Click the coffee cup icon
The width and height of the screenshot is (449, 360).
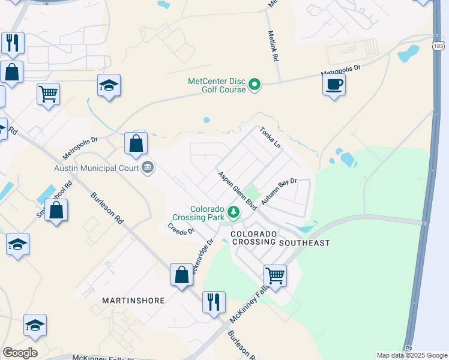[334, 84]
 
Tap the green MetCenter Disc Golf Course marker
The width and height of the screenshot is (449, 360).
[255, 85]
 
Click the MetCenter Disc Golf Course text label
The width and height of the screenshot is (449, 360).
[217, 85]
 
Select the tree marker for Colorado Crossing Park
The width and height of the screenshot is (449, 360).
[234, 212]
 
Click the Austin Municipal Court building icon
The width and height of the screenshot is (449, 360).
[148, 168]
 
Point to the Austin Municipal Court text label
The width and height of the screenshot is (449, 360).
[97, 169]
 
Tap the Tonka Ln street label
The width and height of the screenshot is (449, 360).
[270, 138]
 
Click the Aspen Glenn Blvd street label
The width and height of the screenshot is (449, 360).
[237, 190]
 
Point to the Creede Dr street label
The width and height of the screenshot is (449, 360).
[181, 229]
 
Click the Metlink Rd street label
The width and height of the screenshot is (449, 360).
[274, 47]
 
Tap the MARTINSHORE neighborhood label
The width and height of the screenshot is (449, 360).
[133, 300]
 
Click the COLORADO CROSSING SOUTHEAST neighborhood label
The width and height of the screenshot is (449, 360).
[280, 238]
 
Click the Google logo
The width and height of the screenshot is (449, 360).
[20, 353]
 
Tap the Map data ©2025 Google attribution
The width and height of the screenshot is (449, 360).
[411, 355]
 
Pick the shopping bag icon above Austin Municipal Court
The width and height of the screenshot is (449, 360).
[136, 144]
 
